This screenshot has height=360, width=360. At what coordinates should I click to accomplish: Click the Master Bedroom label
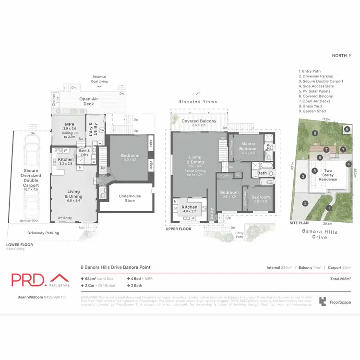(x=248, y=146)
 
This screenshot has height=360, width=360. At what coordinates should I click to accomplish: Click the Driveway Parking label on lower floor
(x=44, y=233)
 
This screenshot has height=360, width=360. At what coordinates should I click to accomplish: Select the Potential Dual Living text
(x=99, y=79)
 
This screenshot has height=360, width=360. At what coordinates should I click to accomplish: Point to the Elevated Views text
(x=198, y=102)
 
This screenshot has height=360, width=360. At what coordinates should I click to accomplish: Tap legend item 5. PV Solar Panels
(x=314, y=91)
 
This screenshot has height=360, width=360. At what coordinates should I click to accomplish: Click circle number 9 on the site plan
(x=347, y=129)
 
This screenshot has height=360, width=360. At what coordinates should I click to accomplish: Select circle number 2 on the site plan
(x=305, y=203)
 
